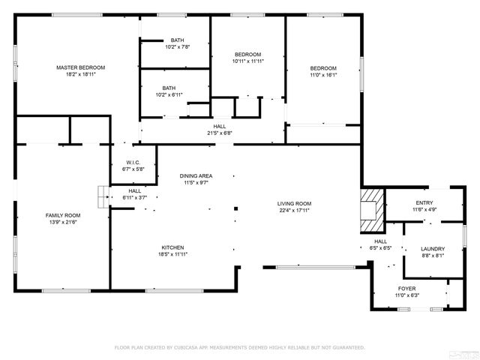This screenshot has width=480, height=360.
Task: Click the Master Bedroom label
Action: tap(81, 67)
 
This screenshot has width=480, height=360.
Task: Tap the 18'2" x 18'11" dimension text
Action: tap(81, 74)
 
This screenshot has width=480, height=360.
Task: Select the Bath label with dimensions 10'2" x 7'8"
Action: tap(178, 40)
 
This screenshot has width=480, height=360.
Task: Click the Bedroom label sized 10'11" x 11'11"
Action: tap(247, 54)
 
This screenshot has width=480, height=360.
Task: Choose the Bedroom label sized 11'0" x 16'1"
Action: tap(323, 67)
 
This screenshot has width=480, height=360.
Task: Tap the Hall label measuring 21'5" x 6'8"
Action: tap(220, 127)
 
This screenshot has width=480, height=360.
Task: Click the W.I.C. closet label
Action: tap(132, 163)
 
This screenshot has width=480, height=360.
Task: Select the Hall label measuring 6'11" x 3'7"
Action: tap(135, 190)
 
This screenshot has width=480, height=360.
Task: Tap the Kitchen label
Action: tap(172, 247)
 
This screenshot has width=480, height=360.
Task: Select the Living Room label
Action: tap(294, 203)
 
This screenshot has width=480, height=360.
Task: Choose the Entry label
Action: tap(424, 202)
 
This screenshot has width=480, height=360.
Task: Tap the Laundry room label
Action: tap(433, 249)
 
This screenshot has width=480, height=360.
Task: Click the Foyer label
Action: tap(407, 288)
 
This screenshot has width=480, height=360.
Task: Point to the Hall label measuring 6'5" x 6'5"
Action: tap(381, 241)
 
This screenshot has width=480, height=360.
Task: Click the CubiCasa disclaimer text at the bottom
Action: tap(239, 347)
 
